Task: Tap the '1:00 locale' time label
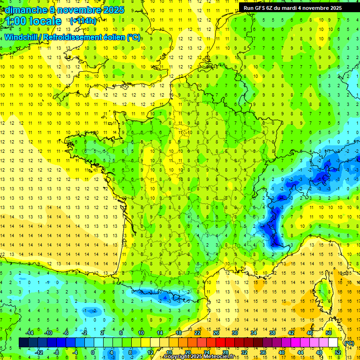[33, 21]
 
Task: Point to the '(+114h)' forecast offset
[83, 21]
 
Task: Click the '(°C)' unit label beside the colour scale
[349, 343]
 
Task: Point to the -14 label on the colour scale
[30, 333]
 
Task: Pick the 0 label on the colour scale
[93, 352]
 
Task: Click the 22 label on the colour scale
[197, 333]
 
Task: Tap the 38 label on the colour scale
[272, 333]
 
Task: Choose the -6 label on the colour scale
[66, 333]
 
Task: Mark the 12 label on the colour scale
[150, 352]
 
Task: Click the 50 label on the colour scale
[329, 333]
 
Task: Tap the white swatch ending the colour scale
[333, 343]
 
